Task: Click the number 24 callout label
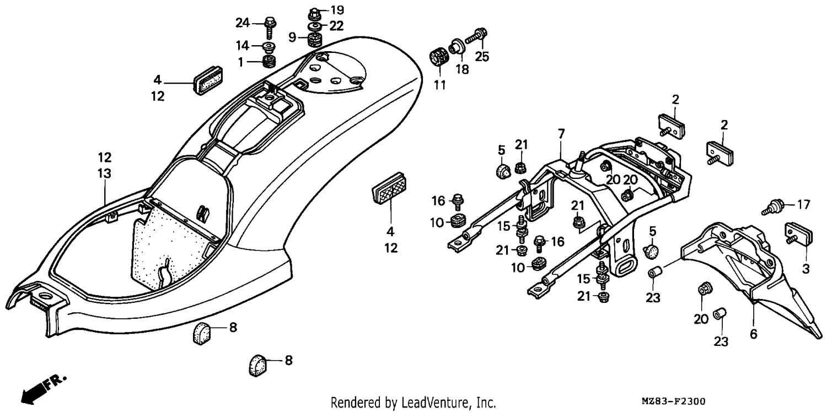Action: (x=243, y=23)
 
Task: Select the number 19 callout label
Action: (x=337, y=10)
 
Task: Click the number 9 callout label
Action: (x=292, y=37)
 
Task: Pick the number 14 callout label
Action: (x=243, y=46)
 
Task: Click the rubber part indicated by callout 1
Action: (x=268, y=61)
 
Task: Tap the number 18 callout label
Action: (x=462, y=69)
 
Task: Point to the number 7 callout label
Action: (x=561, y=133)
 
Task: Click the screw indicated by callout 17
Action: (x=772, y=207)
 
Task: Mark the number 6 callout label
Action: (x=754, y=334)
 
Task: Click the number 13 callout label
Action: (x=105, y=173)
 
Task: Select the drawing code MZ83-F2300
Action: (x=673, y=401)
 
